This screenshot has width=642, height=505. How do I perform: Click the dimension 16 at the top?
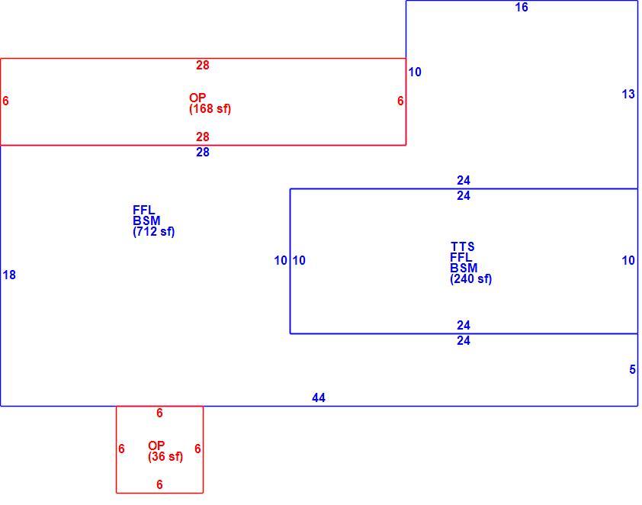(522, 8)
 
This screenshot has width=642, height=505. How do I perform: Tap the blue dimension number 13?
(628, 94)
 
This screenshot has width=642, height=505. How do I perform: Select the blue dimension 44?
(319, 397)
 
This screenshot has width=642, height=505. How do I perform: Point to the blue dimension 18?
(9, 275)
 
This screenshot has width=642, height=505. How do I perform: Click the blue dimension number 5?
(632, 369)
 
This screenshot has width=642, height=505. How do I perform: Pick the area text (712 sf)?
(153, 231)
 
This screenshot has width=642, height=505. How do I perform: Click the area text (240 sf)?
(471, 279)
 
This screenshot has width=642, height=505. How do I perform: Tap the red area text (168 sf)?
(210, 108)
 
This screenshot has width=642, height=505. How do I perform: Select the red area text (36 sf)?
(165, 456)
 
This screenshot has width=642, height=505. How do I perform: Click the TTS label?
(463, 246)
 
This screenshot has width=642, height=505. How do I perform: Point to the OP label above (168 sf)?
(197, 98)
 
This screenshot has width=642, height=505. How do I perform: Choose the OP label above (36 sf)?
(156, 445)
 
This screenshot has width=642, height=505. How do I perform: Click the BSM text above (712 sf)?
(146, 220)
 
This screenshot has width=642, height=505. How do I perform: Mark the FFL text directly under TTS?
(461, 257)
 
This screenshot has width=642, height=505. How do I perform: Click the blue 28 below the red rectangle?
(203, 153)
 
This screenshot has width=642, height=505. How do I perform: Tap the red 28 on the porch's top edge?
(203, 65)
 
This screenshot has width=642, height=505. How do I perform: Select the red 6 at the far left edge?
(5, 101)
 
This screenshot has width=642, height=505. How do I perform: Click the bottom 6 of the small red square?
(159, 484)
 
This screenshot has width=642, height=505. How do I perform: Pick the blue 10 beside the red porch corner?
(414, 72)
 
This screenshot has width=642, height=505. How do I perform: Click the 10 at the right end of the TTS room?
(628, 260)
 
